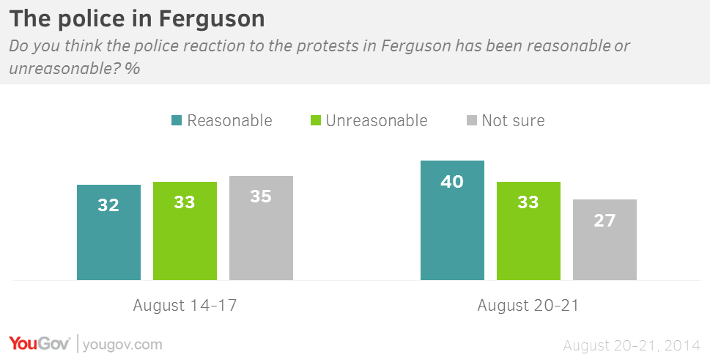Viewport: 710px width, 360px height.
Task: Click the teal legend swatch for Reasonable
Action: [176, 121]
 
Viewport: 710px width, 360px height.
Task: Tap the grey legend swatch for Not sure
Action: [470, 121]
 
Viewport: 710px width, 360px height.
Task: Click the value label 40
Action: [452, 181]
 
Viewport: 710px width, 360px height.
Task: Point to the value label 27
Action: [604, 220]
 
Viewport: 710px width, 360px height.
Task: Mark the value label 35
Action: [261, 196]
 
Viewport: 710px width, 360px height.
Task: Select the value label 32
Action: [108, 205]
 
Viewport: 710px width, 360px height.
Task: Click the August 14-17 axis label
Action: [185, 305]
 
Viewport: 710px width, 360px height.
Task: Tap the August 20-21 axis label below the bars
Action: [528, 305]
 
